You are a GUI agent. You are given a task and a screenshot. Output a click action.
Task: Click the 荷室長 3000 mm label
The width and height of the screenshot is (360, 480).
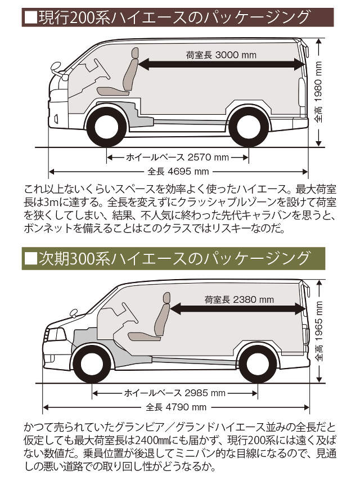tap(220, 55)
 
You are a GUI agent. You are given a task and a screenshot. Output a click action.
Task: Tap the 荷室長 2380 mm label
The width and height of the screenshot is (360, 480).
tap(238, 300)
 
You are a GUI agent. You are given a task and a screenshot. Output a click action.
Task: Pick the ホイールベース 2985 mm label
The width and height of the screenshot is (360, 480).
tap(174, 393)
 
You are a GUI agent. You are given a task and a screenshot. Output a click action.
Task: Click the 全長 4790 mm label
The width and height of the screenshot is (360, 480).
tap(175, 407)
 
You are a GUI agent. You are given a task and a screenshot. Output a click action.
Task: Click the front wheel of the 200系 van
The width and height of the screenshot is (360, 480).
tap(106, 127)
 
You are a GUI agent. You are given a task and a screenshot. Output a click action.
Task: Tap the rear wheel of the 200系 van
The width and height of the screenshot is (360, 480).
tap(247, 127)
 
